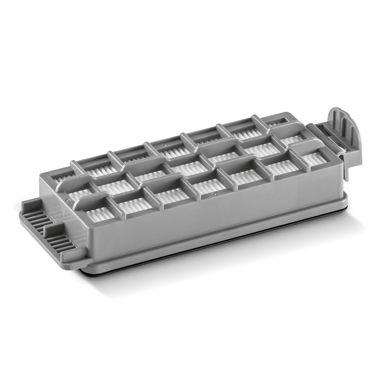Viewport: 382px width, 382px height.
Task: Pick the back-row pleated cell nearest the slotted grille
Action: [90, 172]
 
